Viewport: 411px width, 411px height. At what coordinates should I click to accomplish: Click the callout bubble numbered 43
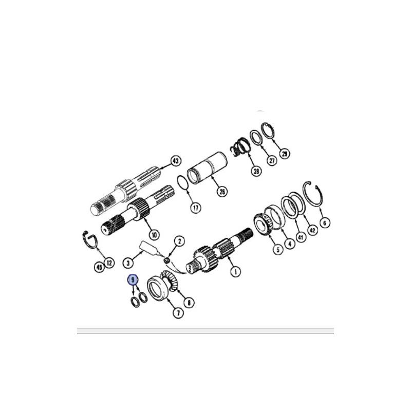pyautogui.click(x=176, y=161)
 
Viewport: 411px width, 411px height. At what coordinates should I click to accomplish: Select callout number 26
pyautogui.click(x=222, y=192)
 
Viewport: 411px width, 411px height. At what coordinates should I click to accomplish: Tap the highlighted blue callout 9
pyautogui.click(x=133, y=280)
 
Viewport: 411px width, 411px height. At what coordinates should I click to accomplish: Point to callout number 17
pyautogui.click(x=196, y=208)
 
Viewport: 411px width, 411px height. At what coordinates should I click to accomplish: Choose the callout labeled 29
pyautogui.click(x=285, y=154)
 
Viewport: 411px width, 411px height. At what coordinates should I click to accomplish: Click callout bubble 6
pyautogui.click(x=325, y=223)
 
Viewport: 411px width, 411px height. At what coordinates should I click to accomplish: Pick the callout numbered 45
pyautogui.click(x=99, y=267)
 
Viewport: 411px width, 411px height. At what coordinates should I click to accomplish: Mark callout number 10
pyautogui.click(x=154, y=235)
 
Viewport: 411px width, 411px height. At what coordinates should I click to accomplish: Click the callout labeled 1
pyautogui.click(x=235, y=271)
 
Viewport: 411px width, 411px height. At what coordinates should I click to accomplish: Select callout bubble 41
pyautogui.click(x=301, y=237)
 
